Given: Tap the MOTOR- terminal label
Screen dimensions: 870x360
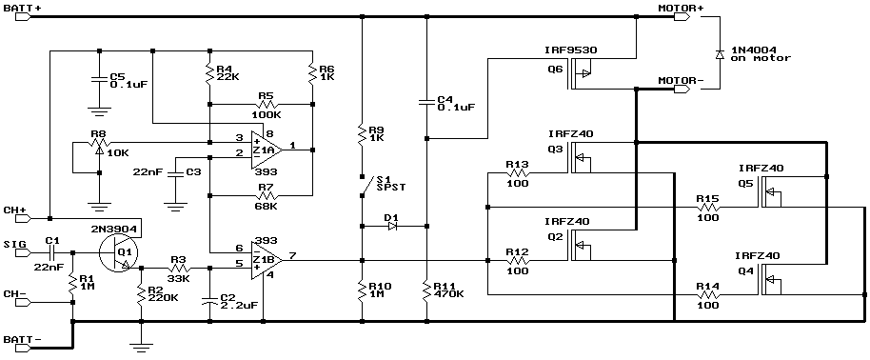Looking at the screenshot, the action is (x=681, y=81).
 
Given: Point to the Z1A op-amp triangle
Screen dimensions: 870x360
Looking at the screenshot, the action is (x=266, y=150).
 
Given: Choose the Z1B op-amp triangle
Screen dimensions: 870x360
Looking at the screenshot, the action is (x=266, y=260).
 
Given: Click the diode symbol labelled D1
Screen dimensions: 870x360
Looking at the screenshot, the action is (x=393, y=226).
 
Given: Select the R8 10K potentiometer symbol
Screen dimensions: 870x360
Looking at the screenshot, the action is (x=99, y=143).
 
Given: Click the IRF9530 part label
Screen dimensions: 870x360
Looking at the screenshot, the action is (x=571, y=50).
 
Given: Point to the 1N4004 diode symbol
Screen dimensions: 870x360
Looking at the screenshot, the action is (x=720, y=54).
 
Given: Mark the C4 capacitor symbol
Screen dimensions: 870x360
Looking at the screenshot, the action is (x=426, y=102).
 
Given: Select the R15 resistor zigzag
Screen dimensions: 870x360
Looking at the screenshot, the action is (x=707, y=208).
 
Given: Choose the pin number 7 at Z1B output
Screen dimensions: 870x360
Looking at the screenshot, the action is (x=292, y=255).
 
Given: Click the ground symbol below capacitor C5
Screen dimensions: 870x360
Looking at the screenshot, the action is (x=99, y=111).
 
